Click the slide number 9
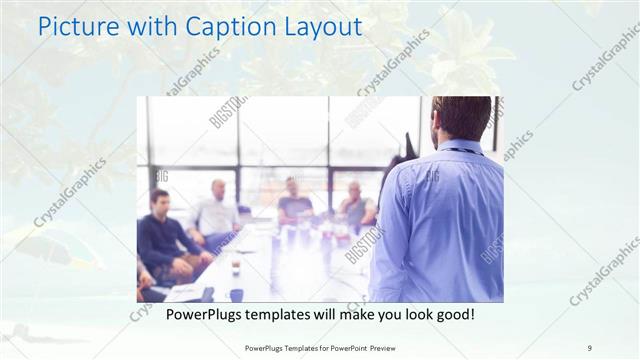click(x=590, y=347)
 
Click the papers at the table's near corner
click(x=186, y=292)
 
